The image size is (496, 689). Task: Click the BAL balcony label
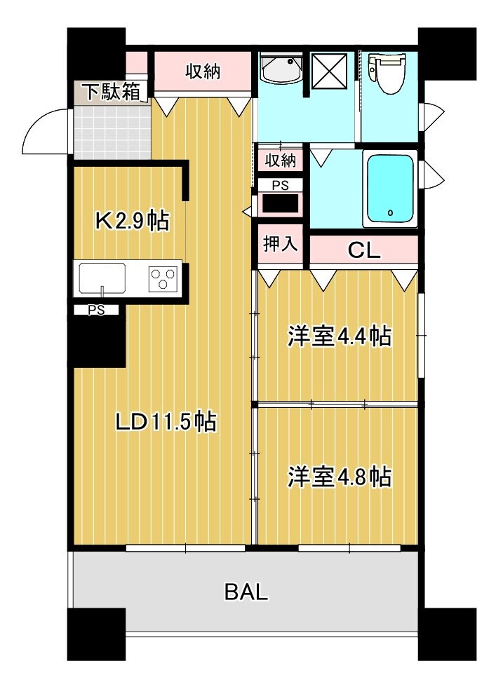click(246, 592)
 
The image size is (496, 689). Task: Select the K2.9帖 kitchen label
click(132, 221)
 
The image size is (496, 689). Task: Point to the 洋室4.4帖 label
click(339, 336)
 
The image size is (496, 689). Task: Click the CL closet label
click(365, 251)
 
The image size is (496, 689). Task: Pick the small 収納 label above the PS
click(280, 160)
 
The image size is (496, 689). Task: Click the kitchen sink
click(102, 277)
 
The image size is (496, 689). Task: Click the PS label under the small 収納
click(280, 186)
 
